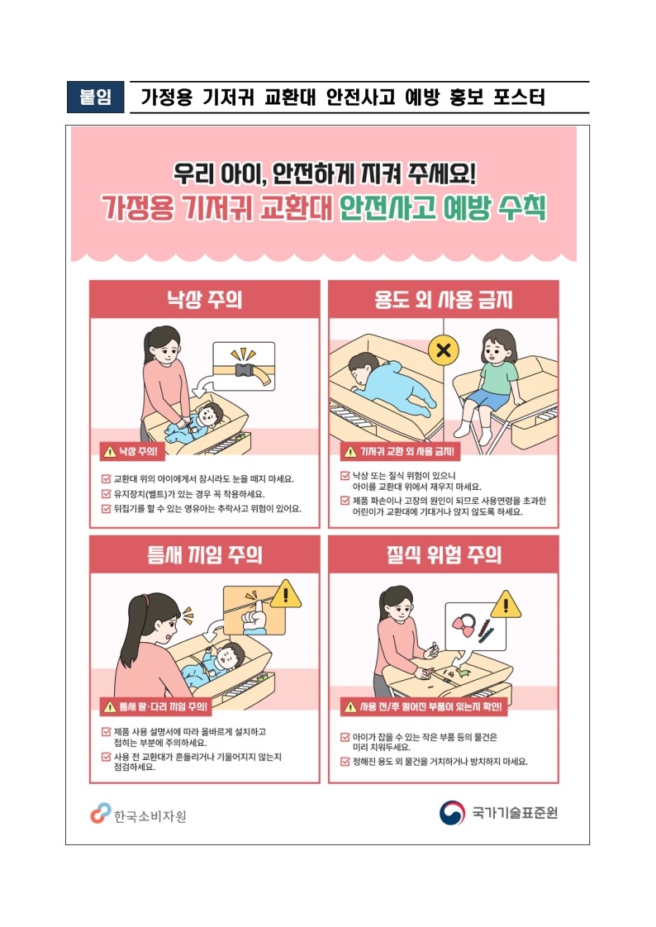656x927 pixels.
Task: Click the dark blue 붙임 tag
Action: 95,97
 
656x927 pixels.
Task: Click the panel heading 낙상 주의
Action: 204,299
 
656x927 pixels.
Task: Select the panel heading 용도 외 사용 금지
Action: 443,299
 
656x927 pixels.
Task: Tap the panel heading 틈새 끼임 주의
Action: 204,554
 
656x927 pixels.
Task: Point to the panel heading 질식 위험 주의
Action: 443,554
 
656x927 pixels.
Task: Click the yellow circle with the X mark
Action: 443,350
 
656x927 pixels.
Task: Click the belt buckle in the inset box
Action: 244,371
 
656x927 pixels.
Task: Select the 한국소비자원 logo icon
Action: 101,813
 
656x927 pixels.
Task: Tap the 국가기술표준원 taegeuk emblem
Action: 452,812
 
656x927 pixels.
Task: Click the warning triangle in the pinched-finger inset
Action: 285,594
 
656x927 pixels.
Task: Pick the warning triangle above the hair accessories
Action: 506,605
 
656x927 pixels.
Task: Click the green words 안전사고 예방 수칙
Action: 443,207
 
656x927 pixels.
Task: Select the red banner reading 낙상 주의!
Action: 132,452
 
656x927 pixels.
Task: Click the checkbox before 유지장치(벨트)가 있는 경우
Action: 107,493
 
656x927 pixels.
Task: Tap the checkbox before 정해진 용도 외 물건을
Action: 345,762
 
